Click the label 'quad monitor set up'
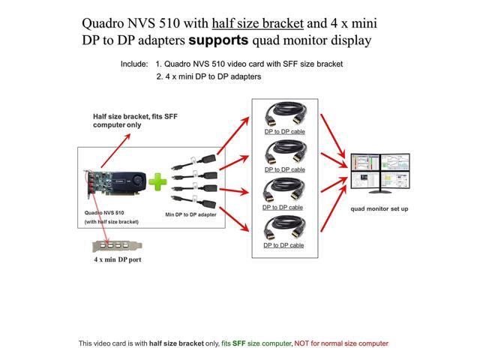coord(379,208)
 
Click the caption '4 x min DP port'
coord(117,259)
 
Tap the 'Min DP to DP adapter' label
coord(190,214)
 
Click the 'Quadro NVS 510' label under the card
coord(104,213)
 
